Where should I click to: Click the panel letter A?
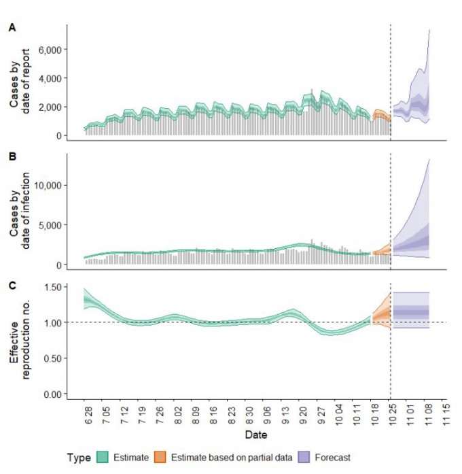tap(11, 28)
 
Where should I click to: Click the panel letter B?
tap(11, 156)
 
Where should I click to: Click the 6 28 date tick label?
tap(86, 414)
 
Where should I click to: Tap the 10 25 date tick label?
tap(391, 414)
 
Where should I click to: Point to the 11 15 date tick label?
tap(445, 414)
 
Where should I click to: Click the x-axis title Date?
tap(255, 434)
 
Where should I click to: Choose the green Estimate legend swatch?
tap(103, 458)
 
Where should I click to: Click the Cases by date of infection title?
tap(21, 211)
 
